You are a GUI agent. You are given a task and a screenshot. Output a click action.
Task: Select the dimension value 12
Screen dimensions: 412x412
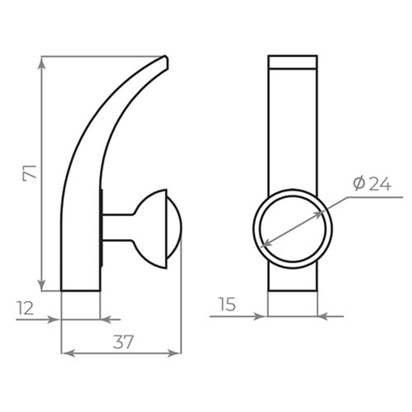pos(26,308)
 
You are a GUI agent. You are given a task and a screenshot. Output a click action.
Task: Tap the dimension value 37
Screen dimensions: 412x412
pos(123,342)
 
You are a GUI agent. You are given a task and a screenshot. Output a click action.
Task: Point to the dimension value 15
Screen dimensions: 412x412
pos(227,305)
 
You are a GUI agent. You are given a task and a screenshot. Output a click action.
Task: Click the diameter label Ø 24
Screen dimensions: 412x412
pos(372,184)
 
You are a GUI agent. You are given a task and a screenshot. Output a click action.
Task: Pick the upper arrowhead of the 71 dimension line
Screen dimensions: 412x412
pos(42,62)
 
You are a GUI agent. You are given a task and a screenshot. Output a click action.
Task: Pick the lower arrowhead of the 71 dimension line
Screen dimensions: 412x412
pos(42,285)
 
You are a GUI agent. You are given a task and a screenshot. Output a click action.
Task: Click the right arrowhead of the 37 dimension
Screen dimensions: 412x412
pos(176,353)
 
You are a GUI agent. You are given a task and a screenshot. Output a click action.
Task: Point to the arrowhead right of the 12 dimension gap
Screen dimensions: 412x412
pos(106,319)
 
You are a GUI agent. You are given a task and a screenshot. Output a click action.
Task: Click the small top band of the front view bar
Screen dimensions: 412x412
pos(293,62)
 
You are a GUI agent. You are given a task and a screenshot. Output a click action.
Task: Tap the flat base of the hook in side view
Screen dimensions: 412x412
pos(80,290)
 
